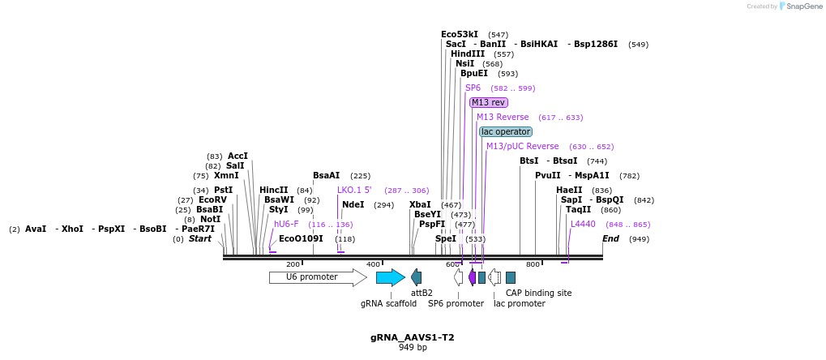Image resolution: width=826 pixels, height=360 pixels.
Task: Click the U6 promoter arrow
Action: click(317, 277)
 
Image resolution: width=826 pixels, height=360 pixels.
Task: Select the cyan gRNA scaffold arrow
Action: click(390, 277)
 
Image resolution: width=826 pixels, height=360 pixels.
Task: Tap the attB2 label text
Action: click(422, 293)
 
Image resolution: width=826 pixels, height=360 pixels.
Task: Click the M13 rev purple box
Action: click(489, 102)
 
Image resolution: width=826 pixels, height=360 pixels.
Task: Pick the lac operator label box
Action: click(506, 131)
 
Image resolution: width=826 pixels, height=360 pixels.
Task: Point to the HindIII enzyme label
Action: click(468, 54)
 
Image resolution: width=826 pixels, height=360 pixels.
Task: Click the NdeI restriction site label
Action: click(353, 205)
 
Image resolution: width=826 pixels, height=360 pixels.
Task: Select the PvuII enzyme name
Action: click(548, 176)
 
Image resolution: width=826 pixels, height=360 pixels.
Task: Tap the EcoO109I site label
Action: click(301, 239)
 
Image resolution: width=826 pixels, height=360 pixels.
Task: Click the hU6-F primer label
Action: click(286, 225)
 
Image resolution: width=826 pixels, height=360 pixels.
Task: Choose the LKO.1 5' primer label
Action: click(354, 191)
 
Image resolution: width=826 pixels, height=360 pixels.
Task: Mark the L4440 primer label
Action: click(583, 225)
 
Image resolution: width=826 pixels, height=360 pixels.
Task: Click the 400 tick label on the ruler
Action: click(373, 264)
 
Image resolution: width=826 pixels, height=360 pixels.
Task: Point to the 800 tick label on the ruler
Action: click(533, 264)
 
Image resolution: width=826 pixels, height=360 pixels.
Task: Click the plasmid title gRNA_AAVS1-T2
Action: click(413, 336)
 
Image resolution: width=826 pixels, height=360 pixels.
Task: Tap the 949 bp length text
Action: click(413, 348)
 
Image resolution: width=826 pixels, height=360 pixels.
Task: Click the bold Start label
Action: click(200, 239)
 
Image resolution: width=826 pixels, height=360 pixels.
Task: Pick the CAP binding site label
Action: click(538, 293)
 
